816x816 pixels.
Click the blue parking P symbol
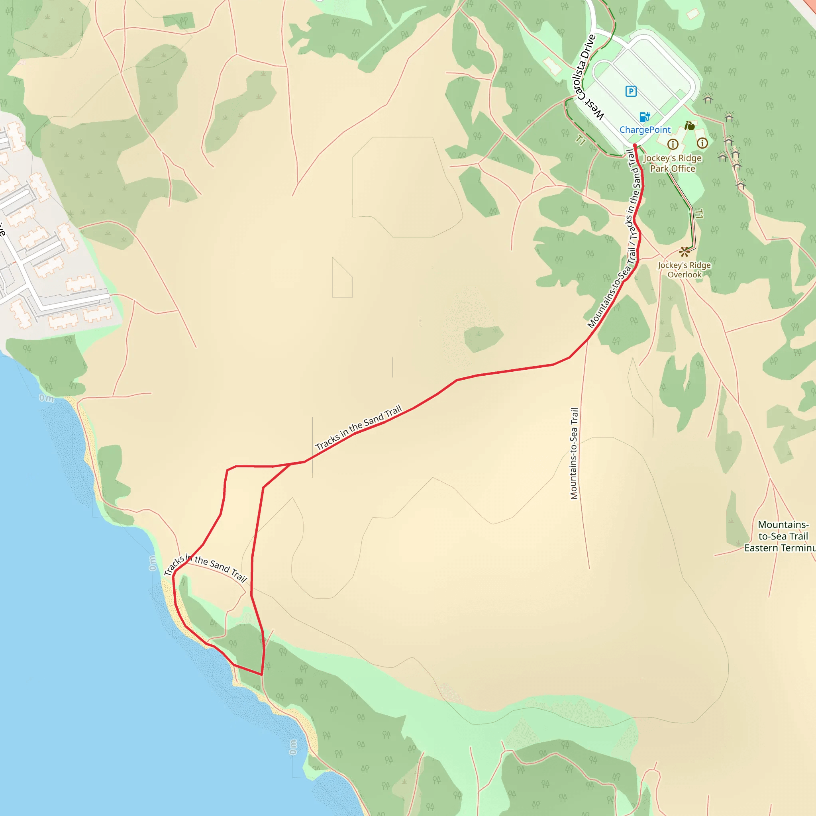coord(631,91)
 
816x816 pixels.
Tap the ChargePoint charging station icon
coord(645,117)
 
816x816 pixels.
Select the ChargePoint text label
coord(645,129)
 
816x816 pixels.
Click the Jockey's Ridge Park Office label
coord(673,163)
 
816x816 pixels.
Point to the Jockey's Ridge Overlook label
coord(684,270)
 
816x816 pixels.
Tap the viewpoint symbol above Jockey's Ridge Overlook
coord(684,252)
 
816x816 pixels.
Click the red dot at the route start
coord(634,146)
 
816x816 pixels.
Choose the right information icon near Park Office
coord(702,143)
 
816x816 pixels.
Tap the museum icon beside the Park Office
coord(690,126)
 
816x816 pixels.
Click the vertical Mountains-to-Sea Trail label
coord(574,453)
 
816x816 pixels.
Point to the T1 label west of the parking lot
coord(580,140)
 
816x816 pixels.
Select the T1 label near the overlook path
coord(699,214)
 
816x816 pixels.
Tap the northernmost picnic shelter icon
coord(708,99)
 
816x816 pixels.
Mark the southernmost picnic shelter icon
coord(740,184)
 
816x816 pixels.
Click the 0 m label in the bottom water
coord(293,747)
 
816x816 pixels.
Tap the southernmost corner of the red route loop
coord(261,675)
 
